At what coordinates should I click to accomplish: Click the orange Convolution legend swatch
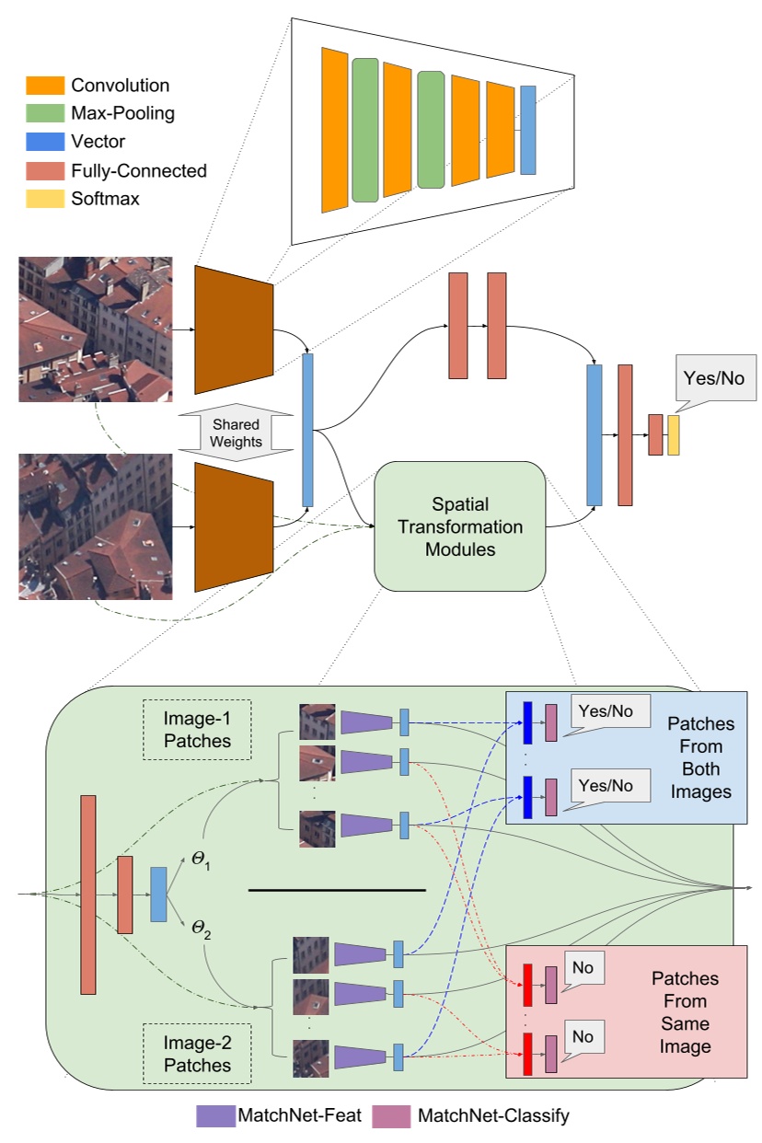(x=45, y=85)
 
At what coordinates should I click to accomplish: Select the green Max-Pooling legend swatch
(x=45, y=113)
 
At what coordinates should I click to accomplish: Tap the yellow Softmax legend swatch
(x=45, y=198)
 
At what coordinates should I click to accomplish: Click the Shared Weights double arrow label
(x=237, y=433)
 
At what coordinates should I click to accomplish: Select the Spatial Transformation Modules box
(x=459, y=526)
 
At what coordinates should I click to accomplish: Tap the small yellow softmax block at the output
(x=674, y=434)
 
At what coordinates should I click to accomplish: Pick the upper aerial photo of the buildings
(x=95, y=329)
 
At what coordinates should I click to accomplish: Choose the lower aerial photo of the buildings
(x=95, y=526)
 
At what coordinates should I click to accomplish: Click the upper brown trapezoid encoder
(x=235, y=329)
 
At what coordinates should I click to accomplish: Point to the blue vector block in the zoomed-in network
(x=527, y=130)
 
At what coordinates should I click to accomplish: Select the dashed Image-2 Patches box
(x=196, y=1054)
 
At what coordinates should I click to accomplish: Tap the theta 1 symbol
(x=201, y=860)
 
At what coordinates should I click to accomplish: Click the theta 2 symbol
(x=201, y=931)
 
